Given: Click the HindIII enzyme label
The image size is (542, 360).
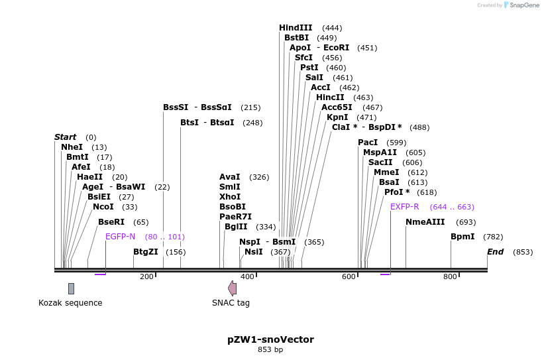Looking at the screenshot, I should [296, 28].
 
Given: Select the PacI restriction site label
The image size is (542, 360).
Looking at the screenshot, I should [368, 143].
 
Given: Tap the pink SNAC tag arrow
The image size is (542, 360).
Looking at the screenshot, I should [232, 288].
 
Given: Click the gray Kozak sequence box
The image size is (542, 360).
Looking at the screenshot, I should [71, 288].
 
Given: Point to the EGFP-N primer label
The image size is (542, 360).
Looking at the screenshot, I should [120, 237].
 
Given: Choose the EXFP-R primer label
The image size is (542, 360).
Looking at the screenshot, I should [405, 207].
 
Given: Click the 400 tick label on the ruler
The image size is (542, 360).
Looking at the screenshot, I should [247, 276].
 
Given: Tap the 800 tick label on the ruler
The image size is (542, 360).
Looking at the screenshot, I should [450, 276].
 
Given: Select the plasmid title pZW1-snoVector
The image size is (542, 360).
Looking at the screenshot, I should [270, 339].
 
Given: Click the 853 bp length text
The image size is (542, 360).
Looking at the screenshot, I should [270, 350].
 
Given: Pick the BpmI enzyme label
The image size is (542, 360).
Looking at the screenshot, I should [462, 237].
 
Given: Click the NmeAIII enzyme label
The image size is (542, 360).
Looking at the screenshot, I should [425, 222].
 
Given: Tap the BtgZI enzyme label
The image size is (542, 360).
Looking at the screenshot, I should [146, 252].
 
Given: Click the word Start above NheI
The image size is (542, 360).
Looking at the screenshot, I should [65, 137].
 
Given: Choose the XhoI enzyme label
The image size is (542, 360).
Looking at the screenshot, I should [230, 197].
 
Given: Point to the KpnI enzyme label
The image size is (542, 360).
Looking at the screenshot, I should [337, 117].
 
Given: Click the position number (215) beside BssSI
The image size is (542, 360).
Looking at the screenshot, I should [250, 107].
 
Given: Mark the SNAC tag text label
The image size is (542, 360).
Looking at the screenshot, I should [231, 303].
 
